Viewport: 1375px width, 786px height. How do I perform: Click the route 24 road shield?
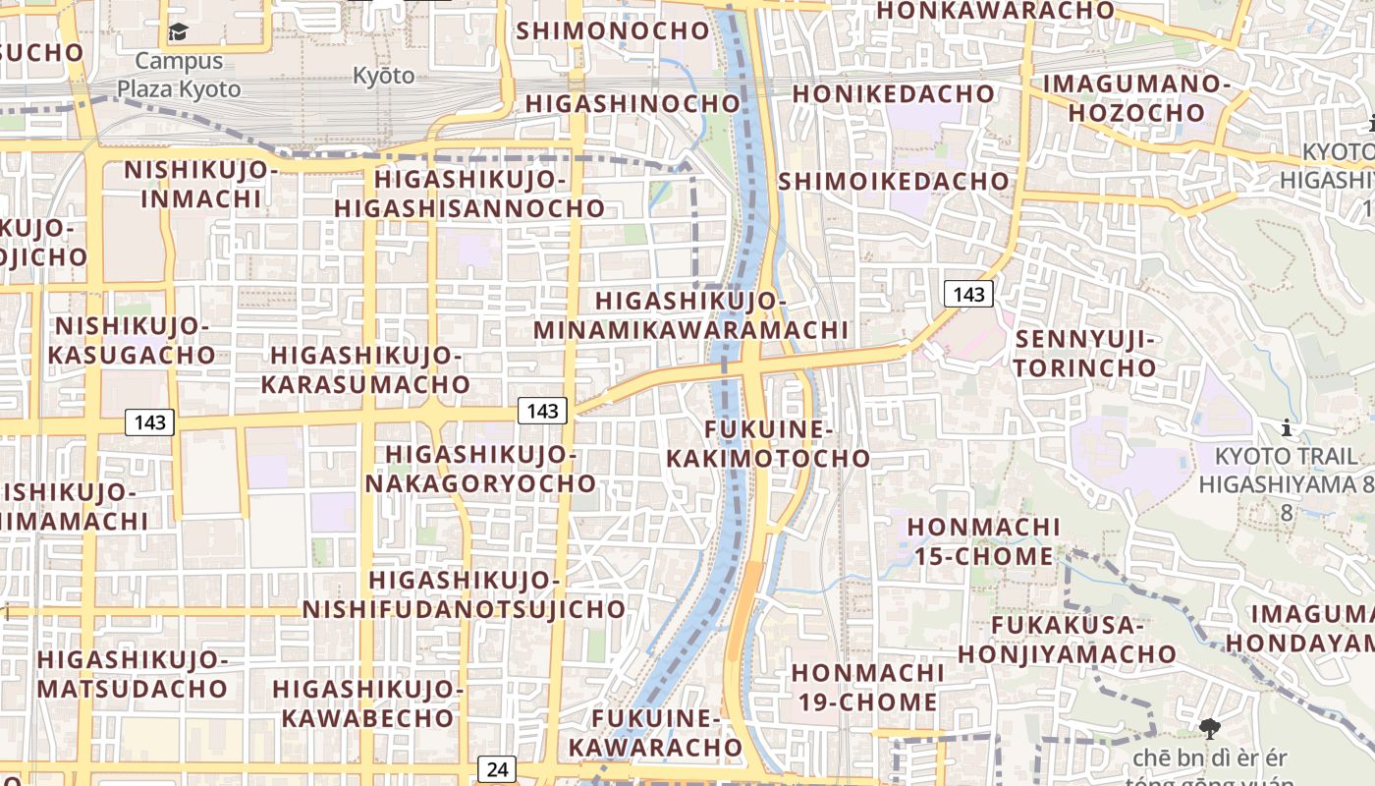[x=498, y=769]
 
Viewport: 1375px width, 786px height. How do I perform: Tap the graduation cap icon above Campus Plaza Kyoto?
[x=178, y=32]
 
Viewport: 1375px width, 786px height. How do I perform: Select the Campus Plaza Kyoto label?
[x=179, y=75]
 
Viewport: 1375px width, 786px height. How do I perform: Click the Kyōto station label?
[x=384, y=76]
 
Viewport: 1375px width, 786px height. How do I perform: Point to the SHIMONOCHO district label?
[x=613, y=30]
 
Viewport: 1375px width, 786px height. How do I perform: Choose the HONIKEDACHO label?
[x=893, y=93]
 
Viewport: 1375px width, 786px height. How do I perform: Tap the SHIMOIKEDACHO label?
[x=894, y=181]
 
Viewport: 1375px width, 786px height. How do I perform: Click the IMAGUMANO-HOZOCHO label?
[x=1136, y=97]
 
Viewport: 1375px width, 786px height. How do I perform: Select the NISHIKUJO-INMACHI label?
[x=201, y=184]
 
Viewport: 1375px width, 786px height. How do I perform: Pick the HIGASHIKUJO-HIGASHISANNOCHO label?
[x=469, y=194]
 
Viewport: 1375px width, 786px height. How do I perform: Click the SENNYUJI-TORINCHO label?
[x=1086, y=354]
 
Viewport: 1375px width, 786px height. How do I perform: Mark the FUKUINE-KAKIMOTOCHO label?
[x=768, y=443]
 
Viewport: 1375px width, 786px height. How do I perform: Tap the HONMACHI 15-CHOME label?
[x=984, y=541]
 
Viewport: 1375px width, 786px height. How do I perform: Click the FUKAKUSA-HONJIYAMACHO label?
[x=1067, y=640]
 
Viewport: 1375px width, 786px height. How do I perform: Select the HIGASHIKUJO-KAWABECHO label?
[x=368, y=702]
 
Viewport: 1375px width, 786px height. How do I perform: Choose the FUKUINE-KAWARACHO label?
[x=656, y=733]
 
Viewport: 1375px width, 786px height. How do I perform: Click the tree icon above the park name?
[x=1209, y=728]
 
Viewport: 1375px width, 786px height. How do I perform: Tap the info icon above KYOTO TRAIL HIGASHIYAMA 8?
[x=1287, y=428]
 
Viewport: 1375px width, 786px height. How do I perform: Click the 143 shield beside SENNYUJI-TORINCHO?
[x=968, y=294]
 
